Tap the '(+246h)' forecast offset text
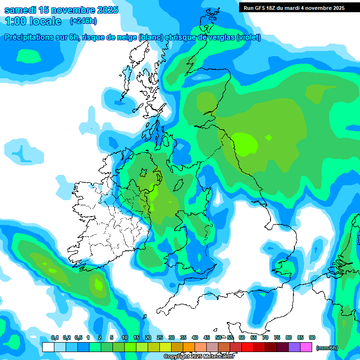pyautogui.click(x=83, y=21)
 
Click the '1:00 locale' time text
pyautogui.click(x=33, y=21)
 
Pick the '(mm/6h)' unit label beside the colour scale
pyautogui.click(x=327, y=348)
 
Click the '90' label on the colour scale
pyautogui.click(x=312, y=337)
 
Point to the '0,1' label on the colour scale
pyautogui.click(x=55, y=337)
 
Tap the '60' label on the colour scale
pyautogui.click(x=242, y=337)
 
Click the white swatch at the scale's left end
pyautogui.click(x=48, y=347)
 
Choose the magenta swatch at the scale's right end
pyautogui.click(x=306, y=347)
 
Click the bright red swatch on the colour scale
pyautogui.click(x=247, y=347)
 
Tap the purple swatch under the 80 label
pyautogui.click(x=294, y=347)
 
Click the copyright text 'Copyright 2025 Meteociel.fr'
pyautogui.click(x=199, y=356)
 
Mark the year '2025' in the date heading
pyautogui.click(x=105, y=10)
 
